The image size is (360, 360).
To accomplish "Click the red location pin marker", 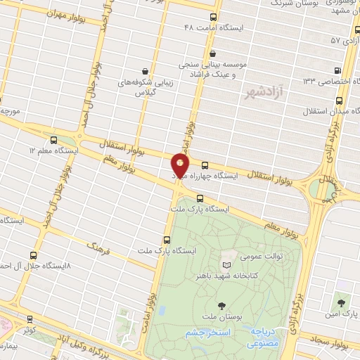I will pyautogui.click(x=180, y=167).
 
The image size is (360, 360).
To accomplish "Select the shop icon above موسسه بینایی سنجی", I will pyautogui.click(x=212, y=53).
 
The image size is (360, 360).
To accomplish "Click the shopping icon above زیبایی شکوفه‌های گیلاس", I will pyautogui.click(x=145, y=71).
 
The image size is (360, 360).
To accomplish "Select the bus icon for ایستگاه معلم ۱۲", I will pyautogui.click(x=55, y=140).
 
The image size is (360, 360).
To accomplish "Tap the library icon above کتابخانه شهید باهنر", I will pyautogui.click(x=226, y=264).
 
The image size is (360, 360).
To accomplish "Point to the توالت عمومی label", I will pyautogui.click(x=262, y=256).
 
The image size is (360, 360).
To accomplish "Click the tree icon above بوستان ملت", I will pyautogui.click(x=222, y=305).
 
